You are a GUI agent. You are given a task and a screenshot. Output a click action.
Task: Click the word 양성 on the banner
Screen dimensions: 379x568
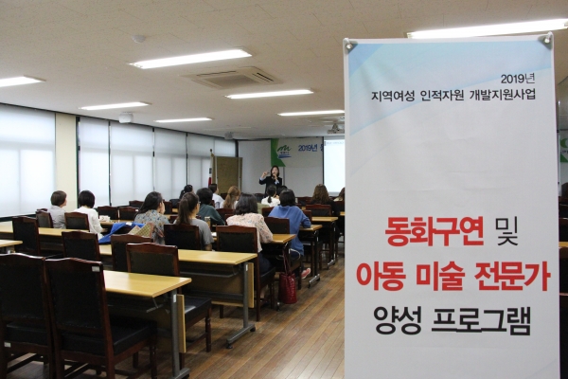(x=399, y=319)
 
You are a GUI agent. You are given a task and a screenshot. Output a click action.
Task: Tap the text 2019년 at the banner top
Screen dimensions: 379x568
(x=518, y=79)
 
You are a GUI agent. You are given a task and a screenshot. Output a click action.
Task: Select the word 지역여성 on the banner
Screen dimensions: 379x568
(x=397, y=95)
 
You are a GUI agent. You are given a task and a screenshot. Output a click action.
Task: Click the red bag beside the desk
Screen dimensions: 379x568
(x=289, y=287)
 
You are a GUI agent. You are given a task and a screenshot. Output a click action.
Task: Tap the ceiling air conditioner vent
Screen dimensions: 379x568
(x=232, y=78)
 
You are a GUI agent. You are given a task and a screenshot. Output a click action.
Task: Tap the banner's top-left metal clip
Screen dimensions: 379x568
(x=350, y=45)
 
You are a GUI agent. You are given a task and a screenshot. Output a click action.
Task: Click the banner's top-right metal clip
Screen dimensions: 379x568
(x=546, y=40)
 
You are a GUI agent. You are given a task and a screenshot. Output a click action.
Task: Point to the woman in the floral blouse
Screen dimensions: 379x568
(x=151, y=213)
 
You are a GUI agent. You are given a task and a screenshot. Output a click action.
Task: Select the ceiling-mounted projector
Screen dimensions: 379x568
(x=332, y=126)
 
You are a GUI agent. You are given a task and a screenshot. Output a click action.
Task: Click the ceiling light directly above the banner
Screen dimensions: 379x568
(x=486, y=29)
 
